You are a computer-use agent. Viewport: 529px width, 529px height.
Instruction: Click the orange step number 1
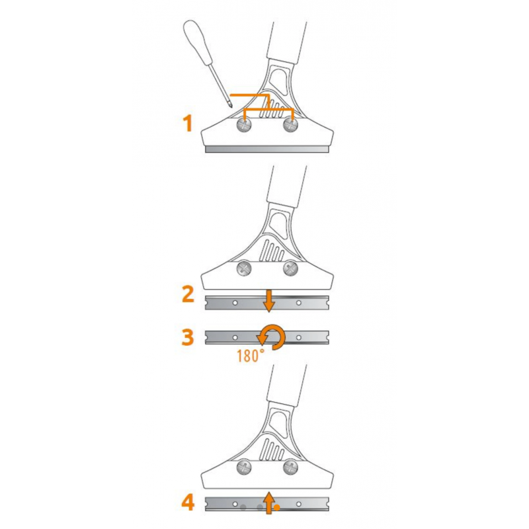[x=188, y=123]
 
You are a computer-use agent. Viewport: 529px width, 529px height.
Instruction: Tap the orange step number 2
[x=188, y=294]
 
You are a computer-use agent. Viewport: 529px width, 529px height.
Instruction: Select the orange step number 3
[x=188, y=337]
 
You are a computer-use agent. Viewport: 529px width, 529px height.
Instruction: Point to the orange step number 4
[x=188, y=503]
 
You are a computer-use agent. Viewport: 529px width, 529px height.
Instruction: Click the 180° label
[x=251, y=356]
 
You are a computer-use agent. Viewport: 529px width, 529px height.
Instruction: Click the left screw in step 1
[x=244, y=125]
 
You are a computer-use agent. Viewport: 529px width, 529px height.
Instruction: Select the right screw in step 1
[x=290, y=125]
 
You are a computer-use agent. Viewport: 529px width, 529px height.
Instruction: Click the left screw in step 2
[x=244, y=269]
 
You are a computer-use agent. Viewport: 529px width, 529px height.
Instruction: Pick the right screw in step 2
[x=290, y=269]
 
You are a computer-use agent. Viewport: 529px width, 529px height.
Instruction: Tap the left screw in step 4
[x=244, y=468]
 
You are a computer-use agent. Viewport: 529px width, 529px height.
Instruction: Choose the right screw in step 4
[x=290, y=468]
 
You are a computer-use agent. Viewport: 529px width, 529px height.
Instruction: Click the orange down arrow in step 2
[x=269, y=300]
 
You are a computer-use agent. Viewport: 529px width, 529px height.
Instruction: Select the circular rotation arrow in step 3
[x=273, y=337]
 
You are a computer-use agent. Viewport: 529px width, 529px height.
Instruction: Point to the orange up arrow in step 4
[x=269, y=503]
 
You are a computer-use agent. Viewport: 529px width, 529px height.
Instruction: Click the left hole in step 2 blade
[x=235, y=303]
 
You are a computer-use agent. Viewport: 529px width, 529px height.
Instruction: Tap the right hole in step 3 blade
[x=299, y=337]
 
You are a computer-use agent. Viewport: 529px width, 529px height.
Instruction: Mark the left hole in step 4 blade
[x=235, y=504]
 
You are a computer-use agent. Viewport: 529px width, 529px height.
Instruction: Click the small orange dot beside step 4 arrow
[x=277, y=507]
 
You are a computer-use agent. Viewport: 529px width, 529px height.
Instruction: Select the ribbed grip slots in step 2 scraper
[x=272, y=251]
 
